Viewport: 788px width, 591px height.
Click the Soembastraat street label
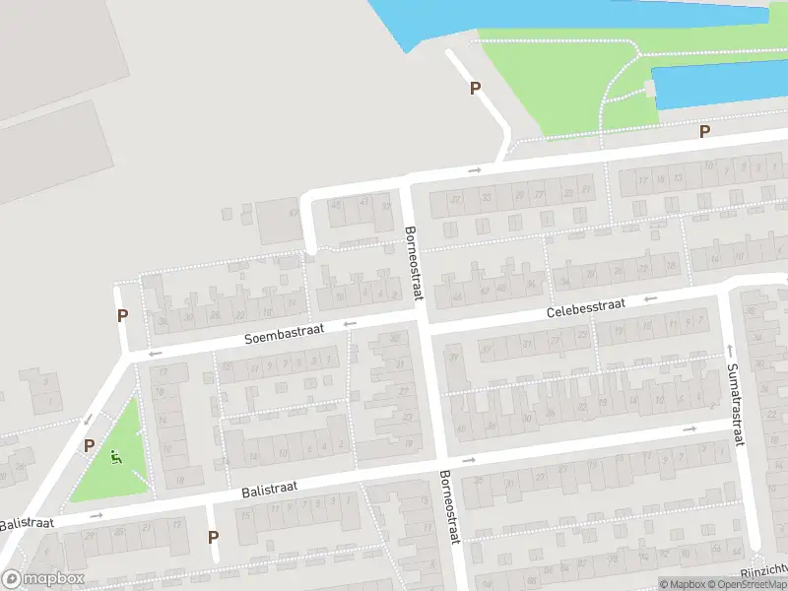tap(285, 335)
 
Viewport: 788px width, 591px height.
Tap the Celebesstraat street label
tap(586, 308)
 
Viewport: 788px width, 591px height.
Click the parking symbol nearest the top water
tap(475, 88)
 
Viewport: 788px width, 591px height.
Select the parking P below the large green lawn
tap(704, 131)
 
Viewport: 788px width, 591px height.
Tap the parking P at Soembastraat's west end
tap(122, 316)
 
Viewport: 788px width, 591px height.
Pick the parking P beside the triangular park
tap(89, 445)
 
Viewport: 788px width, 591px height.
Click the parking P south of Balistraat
tap(213, 537)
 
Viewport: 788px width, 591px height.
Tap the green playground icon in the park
tap(116, 457)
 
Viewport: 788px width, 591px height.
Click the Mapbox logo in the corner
tap(43, 578)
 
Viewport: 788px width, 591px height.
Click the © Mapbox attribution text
tap(684, 584)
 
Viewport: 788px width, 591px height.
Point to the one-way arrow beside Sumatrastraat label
tap(730, 350)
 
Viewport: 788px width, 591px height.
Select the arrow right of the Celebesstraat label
tap(649, 297)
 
